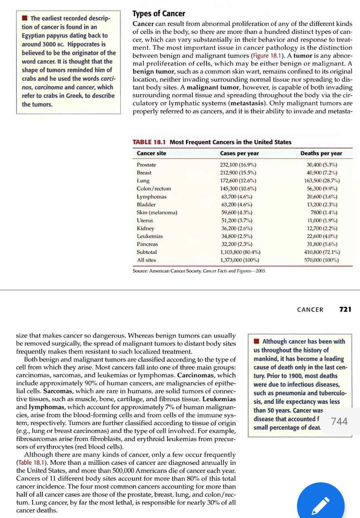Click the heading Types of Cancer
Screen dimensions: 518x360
click(x=159, y=14)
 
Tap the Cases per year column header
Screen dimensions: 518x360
click(x=239, y=153)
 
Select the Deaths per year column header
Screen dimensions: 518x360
click(x=321, y=153)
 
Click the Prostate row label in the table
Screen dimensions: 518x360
click(x=146, y=165)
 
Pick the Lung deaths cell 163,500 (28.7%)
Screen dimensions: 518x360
click(x=322, y=181)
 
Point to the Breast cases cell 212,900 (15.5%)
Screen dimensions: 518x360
click(x=238, y=173)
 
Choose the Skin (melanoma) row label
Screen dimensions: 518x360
click(x=157, y=212)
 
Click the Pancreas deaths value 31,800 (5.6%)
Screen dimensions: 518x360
click(x=322, y=244)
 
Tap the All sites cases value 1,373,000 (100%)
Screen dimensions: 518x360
click(x=240, y=260)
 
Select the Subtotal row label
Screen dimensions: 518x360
click(x=146, y=252)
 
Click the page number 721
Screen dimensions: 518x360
click(x=345, y=309)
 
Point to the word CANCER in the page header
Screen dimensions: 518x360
click(x=310, y=310)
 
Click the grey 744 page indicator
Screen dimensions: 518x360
click(x=339, y=421)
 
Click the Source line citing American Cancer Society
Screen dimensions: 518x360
click(x=199, y=271)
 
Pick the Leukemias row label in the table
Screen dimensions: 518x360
click(x=150, y=236)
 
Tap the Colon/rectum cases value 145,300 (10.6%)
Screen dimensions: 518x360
click(x=238, y=189)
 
